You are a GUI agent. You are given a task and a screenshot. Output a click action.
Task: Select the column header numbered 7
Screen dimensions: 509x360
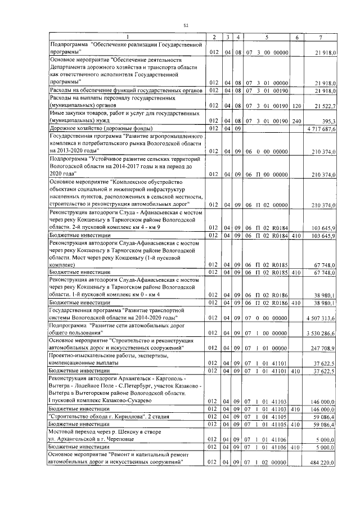tap(320, 37)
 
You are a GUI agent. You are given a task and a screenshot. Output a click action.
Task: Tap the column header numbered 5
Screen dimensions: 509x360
tap(266, 37)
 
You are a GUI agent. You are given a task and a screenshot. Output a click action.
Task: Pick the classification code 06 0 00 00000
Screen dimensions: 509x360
tap(266, 151)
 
